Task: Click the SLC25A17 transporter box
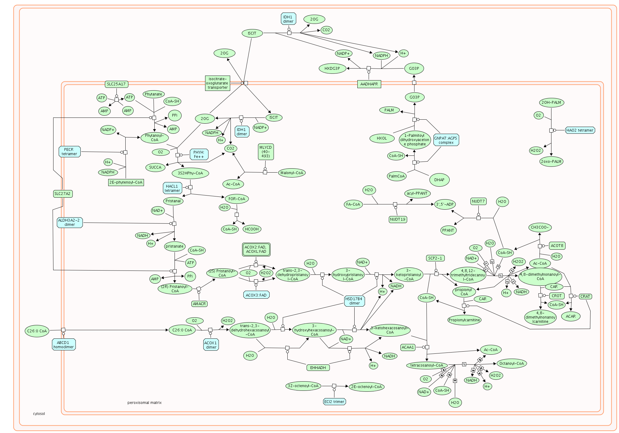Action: [x=116, y=84]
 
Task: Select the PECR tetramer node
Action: [x=69, y=152]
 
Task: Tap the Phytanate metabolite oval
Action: [x=153, y=94]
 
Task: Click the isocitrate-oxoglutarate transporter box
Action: [x=217, y=83]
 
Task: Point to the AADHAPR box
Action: [x=369, y=84]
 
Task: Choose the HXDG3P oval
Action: [x=332, y=69]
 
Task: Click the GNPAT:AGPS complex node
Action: [x=446, y=140]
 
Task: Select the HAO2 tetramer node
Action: [x=580, y=130]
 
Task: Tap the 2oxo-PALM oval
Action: [x=551, y=162]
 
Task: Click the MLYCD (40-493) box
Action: [x=266, y=152]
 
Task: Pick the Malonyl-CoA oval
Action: [x=292, y=173]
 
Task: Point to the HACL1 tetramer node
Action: [x=172, y=188]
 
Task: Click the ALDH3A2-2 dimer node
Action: [x=69, y=222]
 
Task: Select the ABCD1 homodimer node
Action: [x=64, y=345]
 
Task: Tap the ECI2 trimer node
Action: [x=334, y=402]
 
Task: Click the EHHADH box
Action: [x=318, y=368]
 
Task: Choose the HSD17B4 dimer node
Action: [x=354, y=301]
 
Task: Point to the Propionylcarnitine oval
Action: [x=464, y=320]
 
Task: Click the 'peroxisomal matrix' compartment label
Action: [x=144, y=403]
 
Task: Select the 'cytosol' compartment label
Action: [x=39, y=414]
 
